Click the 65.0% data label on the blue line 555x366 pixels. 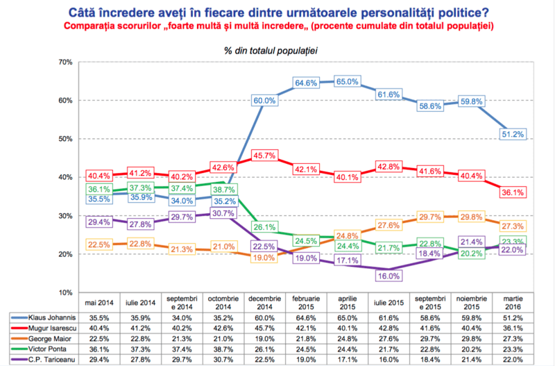[348, 82]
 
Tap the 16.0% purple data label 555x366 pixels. [389, 276]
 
